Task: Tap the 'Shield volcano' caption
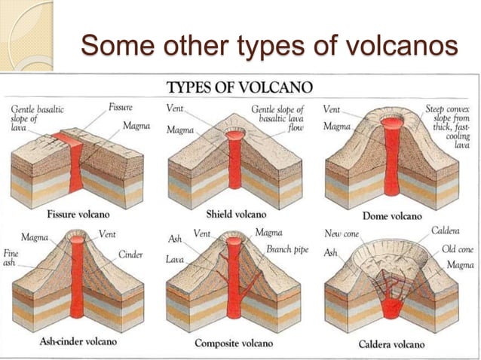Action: point(231,214)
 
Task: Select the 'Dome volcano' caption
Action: point(393,216)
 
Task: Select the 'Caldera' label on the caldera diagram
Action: point(445,231)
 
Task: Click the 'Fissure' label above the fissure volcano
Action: point(121,108)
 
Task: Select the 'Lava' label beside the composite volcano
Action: point(175,259)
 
